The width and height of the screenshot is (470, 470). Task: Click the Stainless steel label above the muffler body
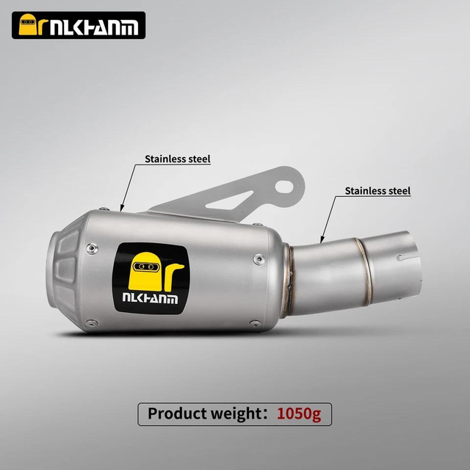[x=177, y=159]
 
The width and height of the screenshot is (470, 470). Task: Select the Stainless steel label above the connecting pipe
[x=377, y=191]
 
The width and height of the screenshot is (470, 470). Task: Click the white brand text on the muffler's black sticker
[x=149, y=299]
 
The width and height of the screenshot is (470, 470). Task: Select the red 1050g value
[x=298, y=413]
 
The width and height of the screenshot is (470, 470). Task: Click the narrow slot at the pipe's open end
[x=409, y=258]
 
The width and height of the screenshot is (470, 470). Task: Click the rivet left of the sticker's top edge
[x=90, y=249]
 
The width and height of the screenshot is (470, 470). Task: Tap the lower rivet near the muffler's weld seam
[x=255, y=322]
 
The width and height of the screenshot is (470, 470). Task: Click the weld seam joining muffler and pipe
[x=289, y=283]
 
